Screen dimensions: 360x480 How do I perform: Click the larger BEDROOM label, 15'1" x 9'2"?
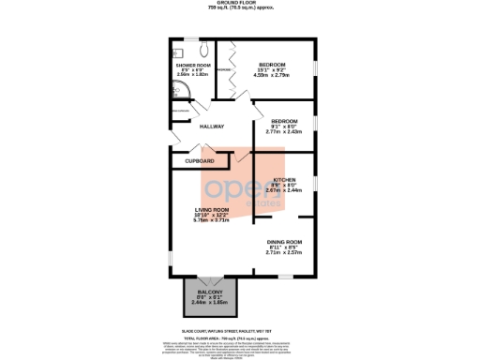(272, 64)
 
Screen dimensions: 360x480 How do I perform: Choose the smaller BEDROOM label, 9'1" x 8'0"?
(284, 121)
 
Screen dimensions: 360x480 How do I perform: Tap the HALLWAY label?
(202, 127)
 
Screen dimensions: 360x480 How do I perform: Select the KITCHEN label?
(284, 179)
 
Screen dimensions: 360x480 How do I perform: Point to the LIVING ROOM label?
(212, 209)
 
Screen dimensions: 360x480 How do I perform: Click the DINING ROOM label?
(285, 242)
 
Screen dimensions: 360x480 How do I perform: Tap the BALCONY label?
(209, 292)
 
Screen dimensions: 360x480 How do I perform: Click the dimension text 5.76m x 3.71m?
(212, 220)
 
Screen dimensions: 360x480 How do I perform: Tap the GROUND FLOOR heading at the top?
(240, 4)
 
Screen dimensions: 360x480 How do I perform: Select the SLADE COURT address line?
(239, 329)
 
